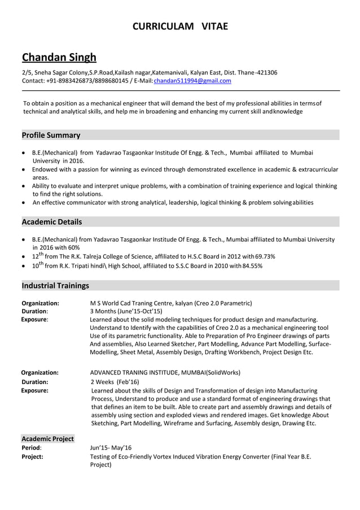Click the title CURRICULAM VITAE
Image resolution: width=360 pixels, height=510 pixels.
click(x=180, y=27)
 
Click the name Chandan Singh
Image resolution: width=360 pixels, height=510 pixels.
click(x=59, y=57)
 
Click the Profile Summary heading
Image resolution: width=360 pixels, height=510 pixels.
click(x=51, y=135)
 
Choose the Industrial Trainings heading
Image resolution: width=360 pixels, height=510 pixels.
click(x=55, y=285)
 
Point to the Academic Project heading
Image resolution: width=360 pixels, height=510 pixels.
click(x=47, y=438)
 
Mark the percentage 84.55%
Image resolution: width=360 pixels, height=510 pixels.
click(x=252, y=266)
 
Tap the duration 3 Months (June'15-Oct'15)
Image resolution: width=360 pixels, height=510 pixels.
click(x=126, y=311)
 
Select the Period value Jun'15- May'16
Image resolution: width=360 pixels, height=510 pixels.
click(x=111, y=447)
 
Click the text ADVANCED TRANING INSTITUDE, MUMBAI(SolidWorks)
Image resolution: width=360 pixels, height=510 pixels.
click(x=165, y=372)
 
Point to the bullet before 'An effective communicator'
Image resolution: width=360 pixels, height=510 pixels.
click(x=23, y=202)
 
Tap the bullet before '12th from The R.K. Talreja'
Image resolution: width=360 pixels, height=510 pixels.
click(x=23, y=256)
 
